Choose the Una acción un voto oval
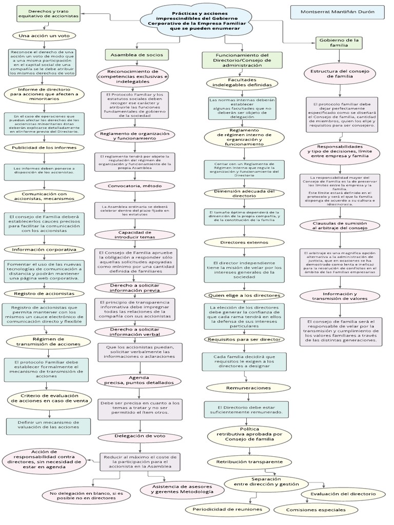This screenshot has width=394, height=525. coord(44,36)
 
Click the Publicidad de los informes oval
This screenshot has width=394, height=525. coord(44,147)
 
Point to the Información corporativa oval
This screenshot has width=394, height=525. coord(44,250)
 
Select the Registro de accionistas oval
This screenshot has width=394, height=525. coord(44,293)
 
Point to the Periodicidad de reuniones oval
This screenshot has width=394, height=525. coord(227,509)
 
